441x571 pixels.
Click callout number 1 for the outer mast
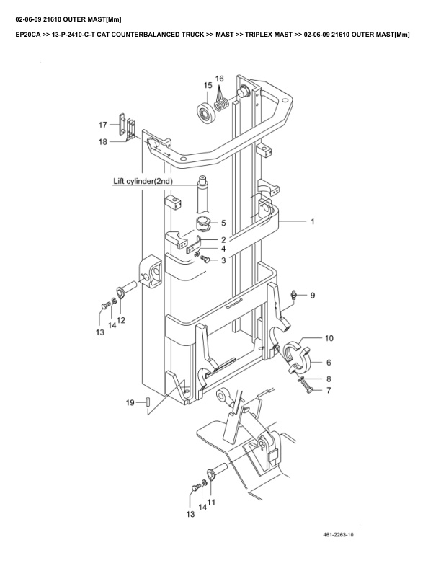(312, 222)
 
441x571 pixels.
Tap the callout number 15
(208, 86)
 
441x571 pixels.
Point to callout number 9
(312, 295)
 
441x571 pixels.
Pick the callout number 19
(130, 402)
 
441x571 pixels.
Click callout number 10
(328, 337)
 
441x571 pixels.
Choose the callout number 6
(329, 363)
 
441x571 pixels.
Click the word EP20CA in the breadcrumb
(30, 34)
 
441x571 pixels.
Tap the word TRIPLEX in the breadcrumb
(263, 34)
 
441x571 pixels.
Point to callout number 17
(103, 125)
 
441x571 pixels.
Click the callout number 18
(103, 142)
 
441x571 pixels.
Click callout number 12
(121, 319)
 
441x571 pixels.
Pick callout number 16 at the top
(220, 78)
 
